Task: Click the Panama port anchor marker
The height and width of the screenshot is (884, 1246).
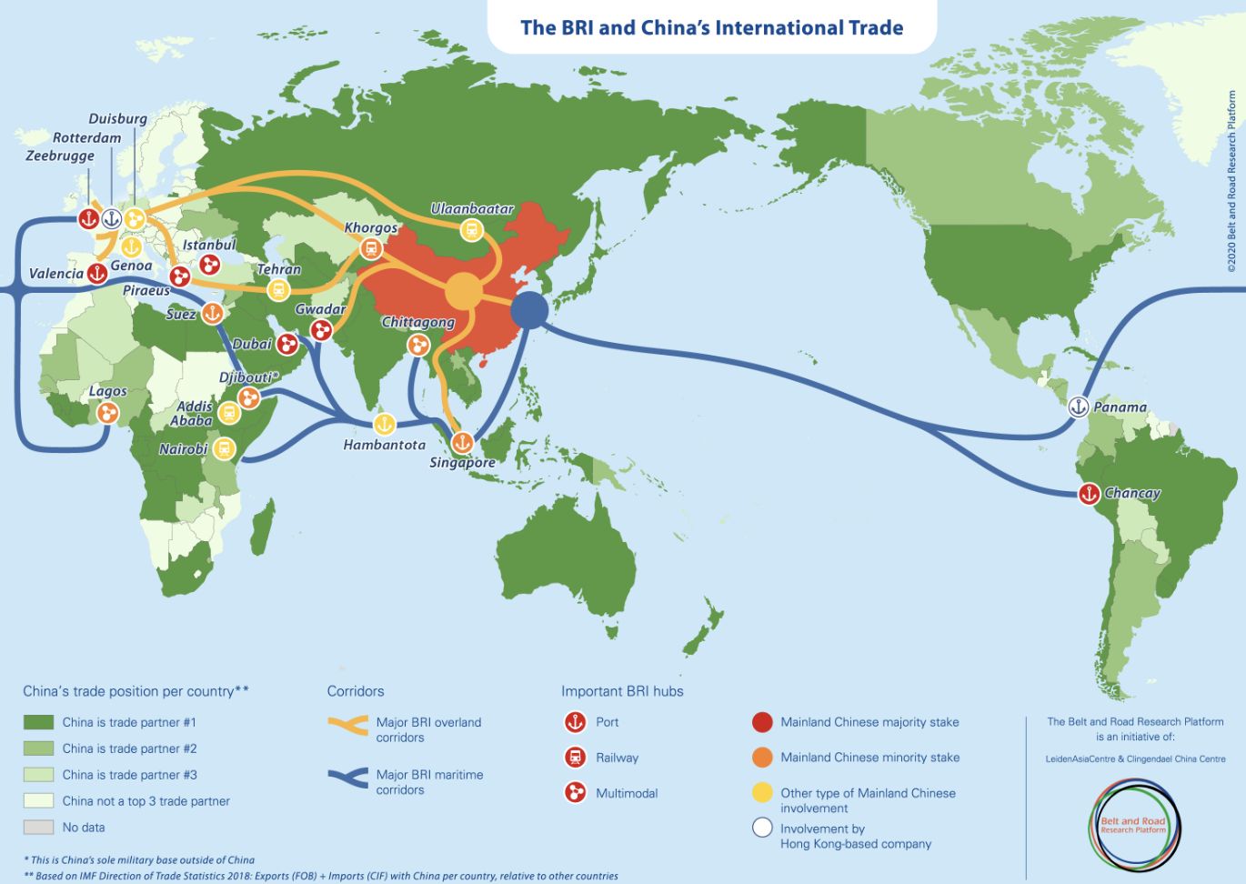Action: (1078, 407)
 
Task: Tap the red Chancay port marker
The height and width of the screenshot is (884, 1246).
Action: (1089, 494)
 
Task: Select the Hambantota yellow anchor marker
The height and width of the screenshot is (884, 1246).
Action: (385, 424)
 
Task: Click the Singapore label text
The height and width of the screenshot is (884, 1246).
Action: (462, 463)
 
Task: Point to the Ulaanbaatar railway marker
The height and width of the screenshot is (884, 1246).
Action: (471, 230)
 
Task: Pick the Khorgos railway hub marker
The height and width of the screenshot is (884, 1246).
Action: (371, 247)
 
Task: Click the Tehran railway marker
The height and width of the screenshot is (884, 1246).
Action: (278, 290)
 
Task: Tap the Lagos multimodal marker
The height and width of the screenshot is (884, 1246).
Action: (107, 413)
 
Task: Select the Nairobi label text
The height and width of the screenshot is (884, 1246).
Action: (183, 449)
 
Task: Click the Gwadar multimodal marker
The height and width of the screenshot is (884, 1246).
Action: (321, 330)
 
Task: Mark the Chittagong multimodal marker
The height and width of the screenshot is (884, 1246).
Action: (417, 344)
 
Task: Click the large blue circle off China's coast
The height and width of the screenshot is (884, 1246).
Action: (529, 309)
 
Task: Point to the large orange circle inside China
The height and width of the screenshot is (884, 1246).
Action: (464, 292)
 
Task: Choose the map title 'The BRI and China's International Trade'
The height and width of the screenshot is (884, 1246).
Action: (711, 27)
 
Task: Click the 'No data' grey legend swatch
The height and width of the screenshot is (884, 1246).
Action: (38, 828)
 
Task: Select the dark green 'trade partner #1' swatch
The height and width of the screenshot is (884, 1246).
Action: (38, 722)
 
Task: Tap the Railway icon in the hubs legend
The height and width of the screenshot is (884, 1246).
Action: (575, 758)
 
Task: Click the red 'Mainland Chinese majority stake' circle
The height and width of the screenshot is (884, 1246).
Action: (762, 722)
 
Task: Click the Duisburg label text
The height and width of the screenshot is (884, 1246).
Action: (117, 119)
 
